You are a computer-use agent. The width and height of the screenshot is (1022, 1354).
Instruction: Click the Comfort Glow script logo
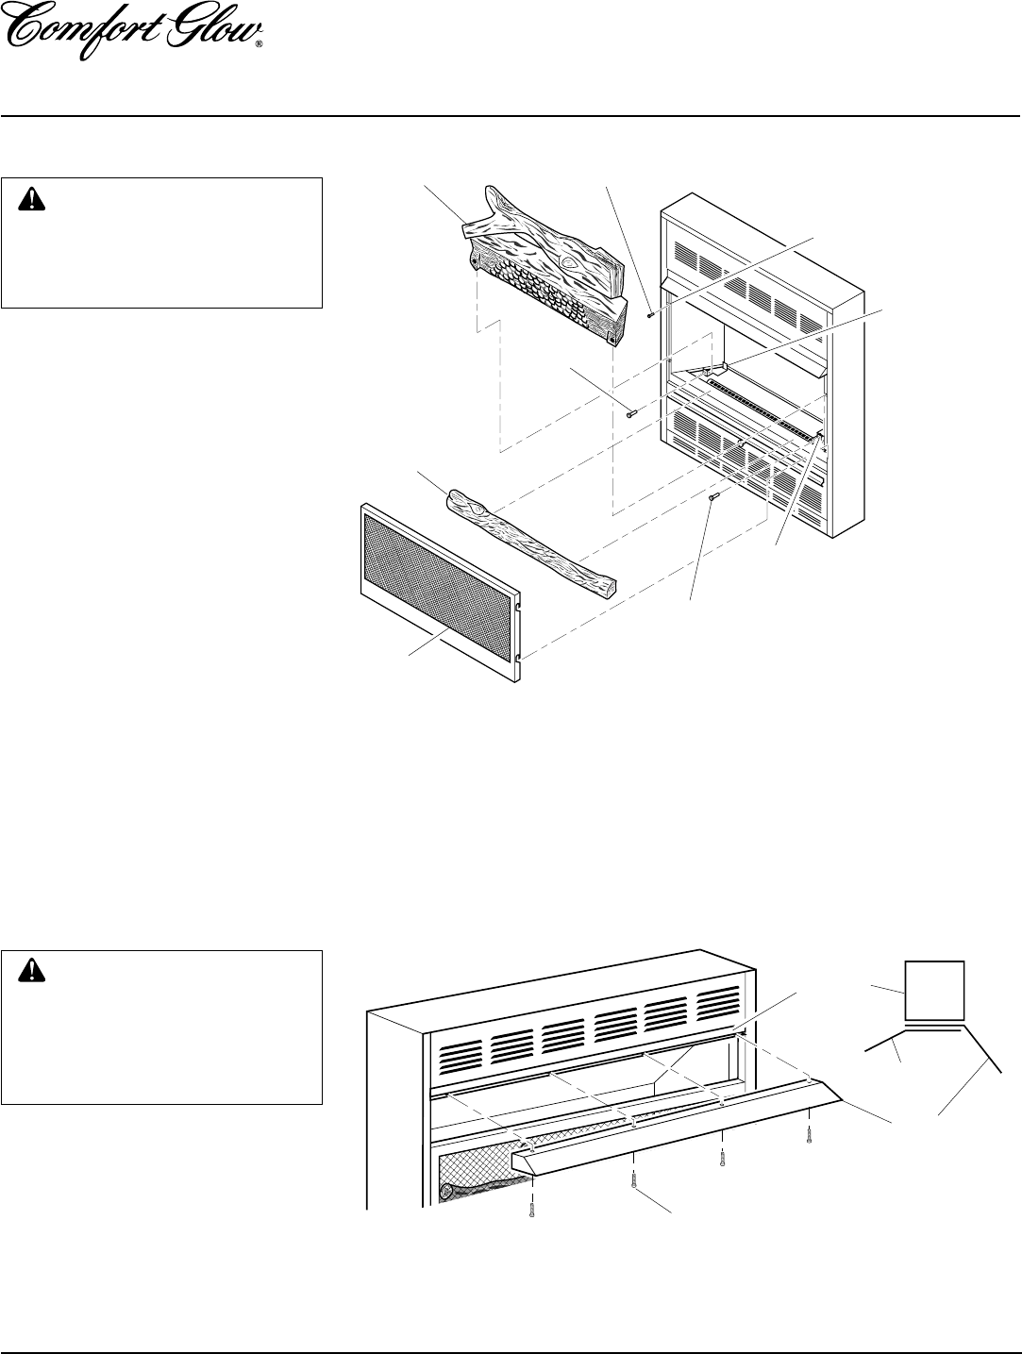(133, 31)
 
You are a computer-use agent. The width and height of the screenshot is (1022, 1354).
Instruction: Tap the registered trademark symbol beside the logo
(260, 43)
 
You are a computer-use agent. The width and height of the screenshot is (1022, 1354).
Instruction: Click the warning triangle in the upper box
(31, 200)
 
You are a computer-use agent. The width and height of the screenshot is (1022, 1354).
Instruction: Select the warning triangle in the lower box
(31, 972)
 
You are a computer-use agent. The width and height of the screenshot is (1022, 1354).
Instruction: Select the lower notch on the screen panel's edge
(519, 659)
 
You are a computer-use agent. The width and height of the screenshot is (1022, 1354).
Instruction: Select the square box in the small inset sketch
(934, 991)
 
